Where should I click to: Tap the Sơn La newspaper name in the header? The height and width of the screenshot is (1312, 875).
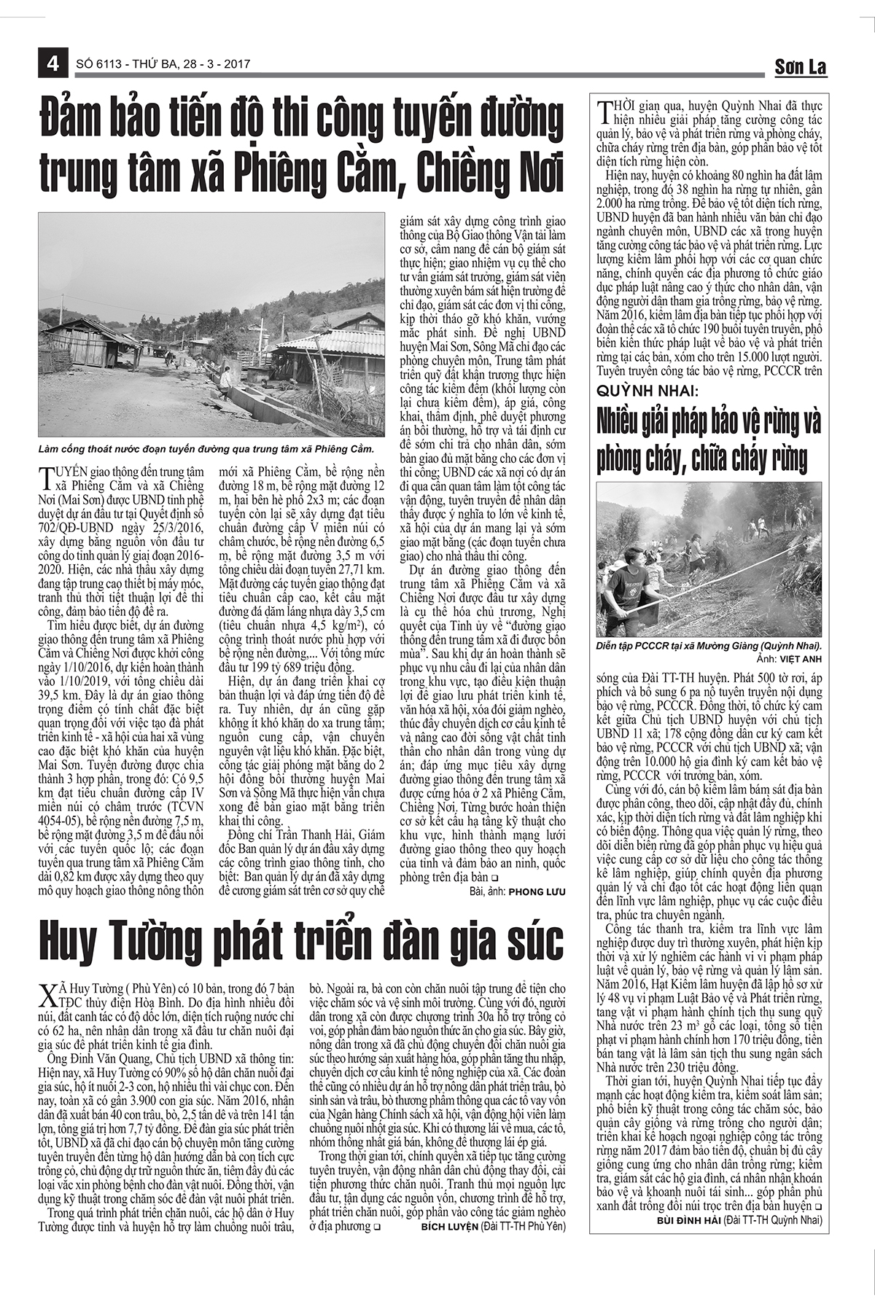[800, 67]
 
